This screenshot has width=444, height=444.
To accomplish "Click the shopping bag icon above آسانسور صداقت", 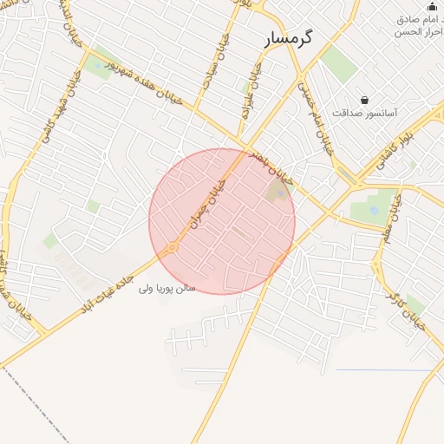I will tap(365, 100).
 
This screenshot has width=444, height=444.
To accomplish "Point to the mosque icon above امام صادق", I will tap(431, 7).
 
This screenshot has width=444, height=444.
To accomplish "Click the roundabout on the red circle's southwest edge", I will tap(172, 248).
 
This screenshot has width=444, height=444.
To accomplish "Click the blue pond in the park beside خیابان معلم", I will tap(373, 209).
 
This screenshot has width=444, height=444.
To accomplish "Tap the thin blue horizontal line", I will tap(382, 370).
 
